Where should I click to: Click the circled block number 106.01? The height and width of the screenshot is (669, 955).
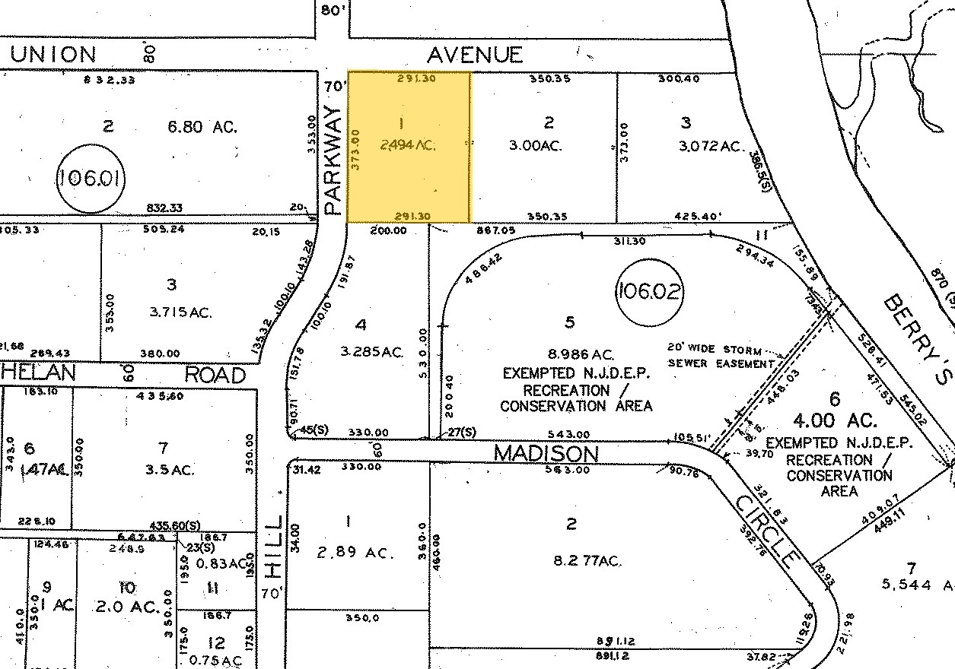[91, 179]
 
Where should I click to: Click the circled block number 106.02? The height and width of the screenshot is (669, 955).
[648, 291]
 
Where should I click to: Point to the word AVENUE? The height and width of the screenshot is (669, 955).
[475, 55]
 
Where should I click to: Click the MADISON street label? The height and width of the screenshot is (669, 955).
[546, 453]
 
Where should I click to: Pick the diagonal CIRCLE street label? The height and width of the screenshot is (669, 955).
[768, 531]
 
